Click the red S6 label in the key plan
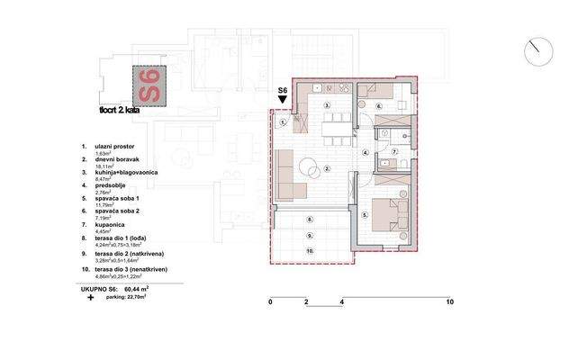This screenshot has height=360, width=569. pyautogui.click(x=149, y=86)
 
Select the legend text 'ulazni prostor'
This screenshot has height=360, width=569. pyautogui.click(x=116, y=146)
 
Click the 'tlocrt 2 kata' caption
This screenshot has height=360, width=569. pyautogui.click(x=119, y=111)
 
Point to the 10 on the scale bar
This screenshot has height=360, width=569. pyautogui.click(x=448, y=302)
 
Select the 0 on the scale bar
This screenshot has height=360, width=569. pyautogui.click(x=270, y=302)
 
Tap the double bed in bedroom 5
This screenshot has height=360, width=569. pyautogui.click(x=394, y=213)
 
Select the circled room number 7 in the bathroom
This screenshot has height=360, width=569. pyautogui.click(x=393, y=153)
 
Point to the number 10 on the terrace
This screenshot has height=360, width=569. pyautogui.click(x=309, y=251)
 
